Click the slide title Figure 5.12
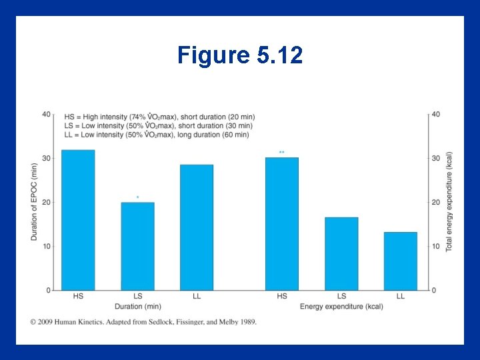[x=240, y=55]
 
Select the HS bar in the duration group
[x=78, y=220]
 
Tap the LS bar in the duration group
[x=137, y=246]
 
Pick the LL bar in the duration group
[x=197, y=227]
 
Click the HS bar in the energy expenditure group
[x=282, y=224]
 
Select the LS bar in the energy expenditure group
[x=341, y=253]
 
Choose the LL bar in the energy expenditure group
[x=401, y=261]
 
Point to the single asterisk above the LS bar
[x=137, y=197]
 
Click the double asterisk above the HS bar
[x=282, y=153]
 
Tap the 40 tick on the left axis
[x=46, y=114]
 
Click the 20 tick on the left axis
[x=46, y=202]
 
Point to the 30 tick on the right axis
[x=436, y=158]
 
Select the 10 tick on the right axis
[x=436, y=247]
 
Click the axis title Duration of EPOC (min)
[x=35, y=202]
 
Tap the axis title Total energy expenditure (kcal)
[x=449, y=202]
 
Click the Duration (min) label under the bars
[x=137, y=307]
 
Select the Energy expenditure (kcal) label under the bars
[x=341, y=307]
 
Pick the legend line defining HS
[x=159, y=117]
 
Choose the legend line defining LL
[x=157, y=135]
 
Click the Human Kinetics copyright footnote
[x=143, y=322]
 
